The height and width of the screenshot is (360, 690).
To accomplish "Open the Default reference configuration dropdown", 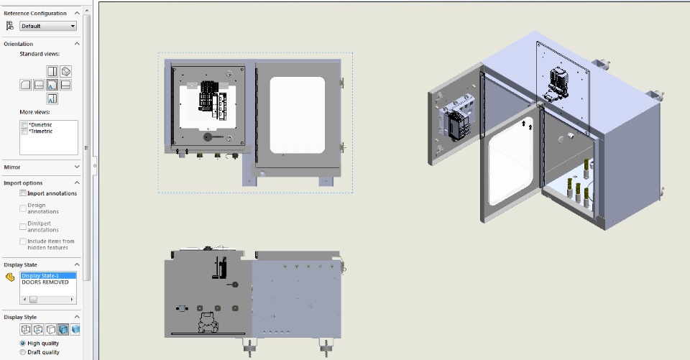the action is click(x=48, y=26).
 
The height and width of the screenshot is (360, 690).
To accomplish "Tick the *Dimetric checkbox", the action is click(x=24, y=125).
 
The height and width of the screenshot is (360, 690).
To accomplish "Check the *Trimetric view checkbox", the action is click(x=24, y=131).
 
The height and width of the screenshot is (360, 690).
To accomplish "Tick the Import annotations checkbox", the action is click(x=23, y=193).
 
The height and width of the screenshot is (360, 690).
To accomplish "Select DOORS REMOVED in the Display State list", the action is click(x=45, y=282).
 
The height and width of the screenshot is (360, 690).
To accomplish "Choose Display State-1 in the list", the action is click(x=40, y=275).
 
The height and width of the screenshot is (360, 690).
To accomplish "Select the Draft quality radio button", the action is click(x=23, y=352).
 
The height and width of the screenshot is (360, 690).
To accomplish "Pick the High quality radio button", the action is click(x=23, y=343).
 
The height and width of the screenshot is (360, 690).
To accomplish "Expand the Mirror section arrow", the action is click(x=77, y=167).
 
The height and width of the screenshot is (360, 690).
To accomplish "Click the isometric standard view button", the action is click(x=65, y=71).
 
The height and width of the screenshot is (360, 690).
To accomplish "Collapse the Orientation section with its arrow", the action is click(x=77, y=44).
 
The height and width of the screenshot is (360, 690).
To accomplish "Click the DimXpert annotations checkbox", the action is click(x=23, y=226).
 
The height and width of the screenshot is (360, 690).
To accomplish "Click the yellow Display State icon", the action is click(x=10, y=277).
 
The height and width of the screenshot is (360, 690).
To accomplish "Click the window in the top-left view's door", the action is click(x=298, y=115).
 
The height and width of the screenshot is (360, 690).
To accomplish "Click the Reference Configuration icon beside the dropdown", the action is click(x=9, y=26).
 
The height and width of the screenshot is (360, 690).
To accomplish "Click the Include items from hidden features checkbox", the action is click(x=23, y=241).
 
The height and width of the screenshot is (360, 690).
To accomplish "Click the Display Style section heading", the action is click(x=20, y=317).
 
